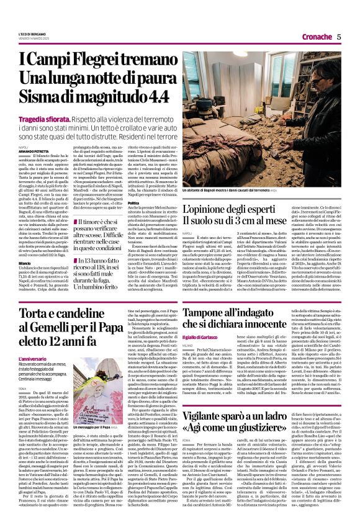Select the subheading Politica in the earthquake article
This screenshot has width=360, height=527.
[x=134, y=203]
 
